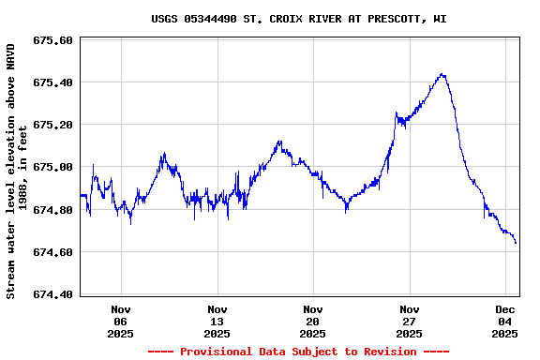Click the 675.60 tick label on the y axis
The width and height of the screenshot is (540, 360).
pyautogui.click(x=52, y=41)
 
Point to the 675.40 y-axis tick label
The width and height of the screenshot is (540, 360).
pyautogui.click(x=52, y=83)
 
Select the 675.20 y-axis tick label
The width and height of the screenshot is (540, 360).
pyautogui.click(x=52, y=126)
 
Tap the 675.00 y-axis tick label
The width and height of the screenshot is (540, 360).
pyautogui.click(x=52, y=168)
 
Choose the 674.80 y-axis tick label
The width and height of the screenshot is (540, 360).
pyautogui.click(x=52, y=210)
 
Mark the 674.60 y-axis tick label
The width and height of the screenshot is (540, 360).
pyautogui.click(x=52, y=252)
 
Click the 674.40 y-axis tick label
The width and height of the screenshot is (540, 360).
pyautogui.click(x=52, y=294)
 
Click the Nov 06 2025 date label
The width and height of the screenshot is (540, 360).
pyautogui.click(x=121, y=321)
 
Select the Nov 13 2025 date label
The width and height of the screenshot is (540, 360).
pyautogui.click(x=217, y=321)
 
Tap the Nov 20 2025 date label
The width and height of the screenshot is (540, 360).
pyautogui.click(x=313, y=321)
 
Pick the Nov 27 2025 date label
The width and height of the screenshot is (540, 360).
pyautogui.click(x=409, y=321)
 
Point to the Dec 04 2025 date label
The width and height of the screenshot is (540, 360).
pyautogui.click(x=505, y=321)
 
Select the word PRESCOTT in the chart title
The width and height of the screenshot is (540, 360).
pyautogui.click(x=388, y=19)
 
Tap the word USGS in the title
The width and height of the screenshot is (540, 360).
pyautogui.click(x=165, y=19)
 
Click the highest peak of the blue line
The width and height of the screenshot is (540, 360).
pyautogui.click(x=442, y=74)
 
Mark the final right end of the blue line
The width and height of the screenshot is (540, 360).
pyautogui.click(x=516, y=243)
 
